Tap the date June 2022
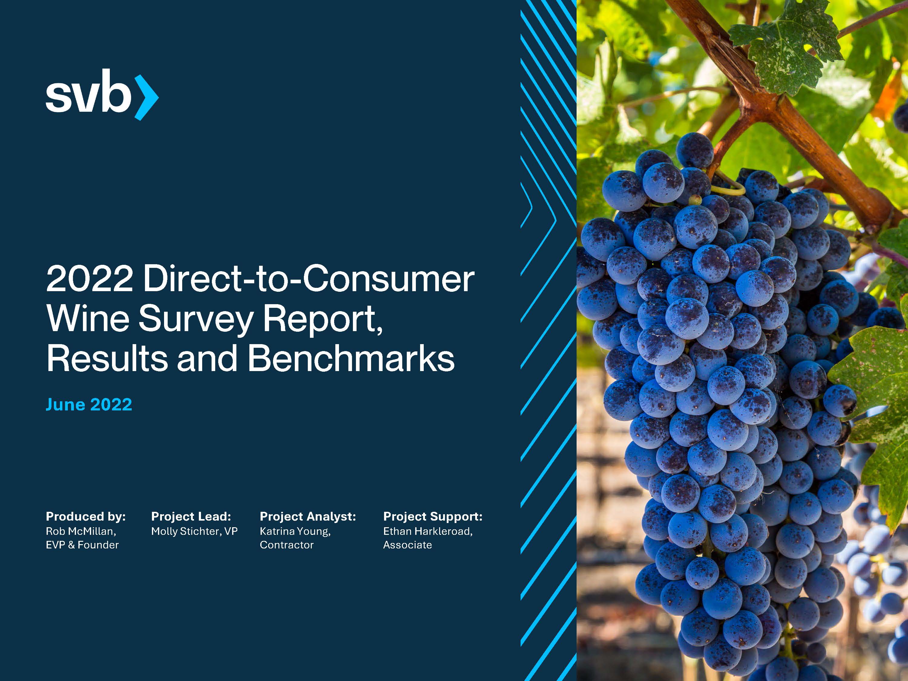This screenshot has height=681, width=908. [89, 405]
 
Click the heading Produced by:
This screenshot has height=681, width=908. [86, 516]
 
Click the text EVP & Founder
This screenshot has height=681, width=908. [82, 545]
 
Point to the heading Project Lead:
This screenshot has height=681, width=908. [191, 516]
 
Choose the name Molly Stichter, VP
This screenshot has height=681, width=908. [194, 531]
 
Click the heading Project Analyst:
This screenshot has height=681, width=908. [308, 516]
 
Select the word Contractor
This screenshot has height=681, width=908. [287, 545]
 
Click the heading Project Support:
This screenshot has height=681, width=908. [433, 516]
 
